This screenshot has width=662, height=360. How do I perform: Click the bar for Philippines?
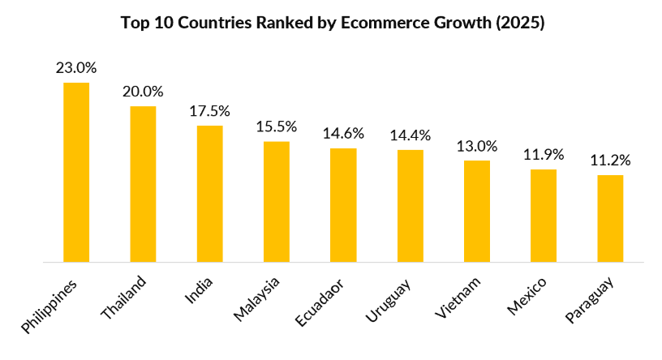pyautogui.click(x=76, y=172)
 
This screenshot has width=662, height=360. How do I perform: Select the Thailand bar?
pyautogui.click(x=143, y=184)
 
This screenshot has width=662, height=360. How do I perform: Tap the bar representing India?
pyautogui.click(x=209, y=194)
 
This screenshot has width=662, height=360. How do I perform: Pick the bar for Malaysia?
pyautogui.click(x=277, y=202)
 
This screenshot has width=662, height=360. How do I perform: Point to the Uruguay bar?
pyautogui.click(x=410, y=206)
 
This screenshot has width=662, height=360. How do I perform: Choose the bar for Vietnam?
pyautogui.click(x=477, y=211)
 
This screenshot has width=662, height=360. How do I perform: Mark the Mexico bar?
pyautogui.click(x=544, y=216)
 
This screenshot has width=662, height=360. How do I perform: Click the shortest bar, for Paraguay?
pyautogui.click(x=610, y=218)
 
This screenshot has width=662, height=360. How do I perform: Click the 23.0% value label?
pyautogui.click(x=76, y=68)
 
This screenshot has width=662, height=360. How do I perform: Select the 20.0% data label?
pyautogui.click(x=143, y=92)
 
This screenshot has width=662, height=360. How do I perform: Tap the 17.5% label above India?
pyautogui.click(x=209, y=111)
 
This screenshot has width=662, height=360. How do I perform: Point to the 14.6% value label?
pyautogui.click(x=343, y=134)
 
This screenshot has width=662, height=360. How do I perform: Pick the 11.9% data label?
pyautogui.click(x=544, y=155)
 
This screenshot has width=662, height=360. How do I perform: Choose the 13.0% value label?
pyautogui.click(x=477, y=146)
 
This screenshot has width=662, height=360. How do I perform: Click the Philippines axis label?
pyautogui.click(x=50, y=308)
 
